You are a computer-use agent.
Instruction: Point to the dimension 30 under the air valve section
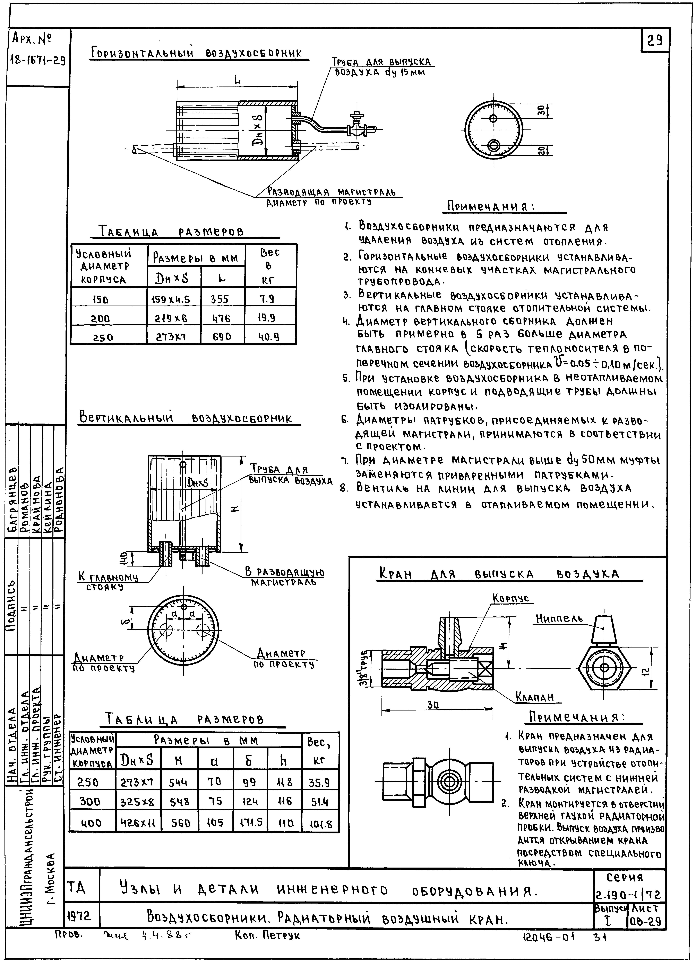tap(433, 705)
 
